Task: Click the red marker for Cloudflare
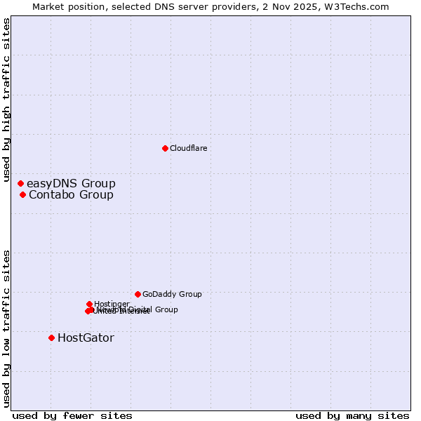[x=165, y=148]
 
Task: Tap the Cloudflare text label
[x=189, y=148]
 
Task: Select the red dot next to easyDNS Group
[x=20, y=183]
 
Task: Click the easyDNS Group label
[x=71, y=184]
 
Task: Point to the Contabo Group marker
[x=22, y=194]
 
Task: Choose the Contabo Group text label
[x=71, y=195]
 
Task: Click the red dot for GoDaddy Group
[x=138, y=294]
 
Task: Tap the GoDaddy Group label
[x=172, y=295]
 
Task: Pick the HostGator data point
[x=51, y=338]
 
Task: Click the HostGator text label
[x=86, y=338]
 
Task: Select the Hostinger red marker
[x=89, y=304]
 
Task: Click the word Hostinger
[x=112, y=304]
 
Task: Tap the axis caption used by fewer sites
[x=72, y=415]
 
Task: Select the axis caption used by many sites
[x=352, y=415]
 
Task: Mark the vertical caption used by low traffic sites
[x=6, y=328]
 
